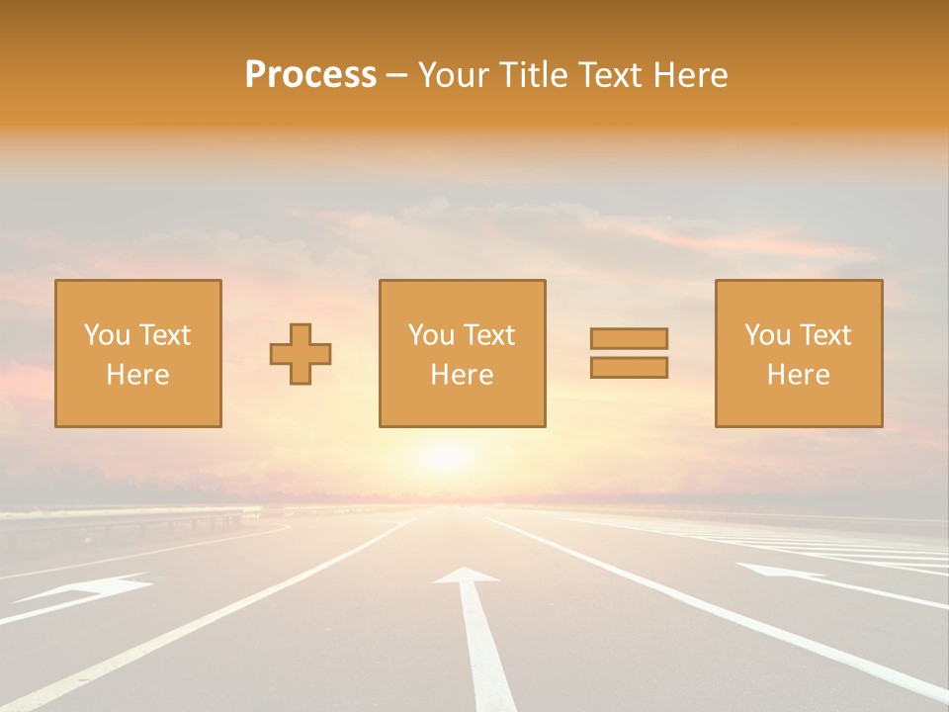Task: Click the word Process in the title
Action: pyautogui.click(x=310, y=75)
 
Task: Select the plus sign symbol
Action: pyautogui.click(x=301, y=354)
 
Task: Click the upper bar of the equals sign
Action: pyautogui.click(x=629, y=338)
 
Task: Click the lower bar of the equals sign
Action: pyautogui.click(x=629, y=367)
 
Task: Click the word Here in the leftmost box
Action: pyautogui.click(x=137, y=375)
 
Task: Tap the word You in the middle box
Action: pyautogui.click(x=432, y=335)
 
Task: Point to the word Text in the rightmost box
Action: pyautogui.click(x=824, y=335)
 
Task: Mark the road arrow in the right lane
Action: pyautogui.click(x=781, y=573)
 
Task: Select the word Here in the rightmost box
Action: pyautogui.click(x=798, y=375)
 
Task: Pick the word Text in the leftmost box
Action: pyautogui.click(x=164, y=335)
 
